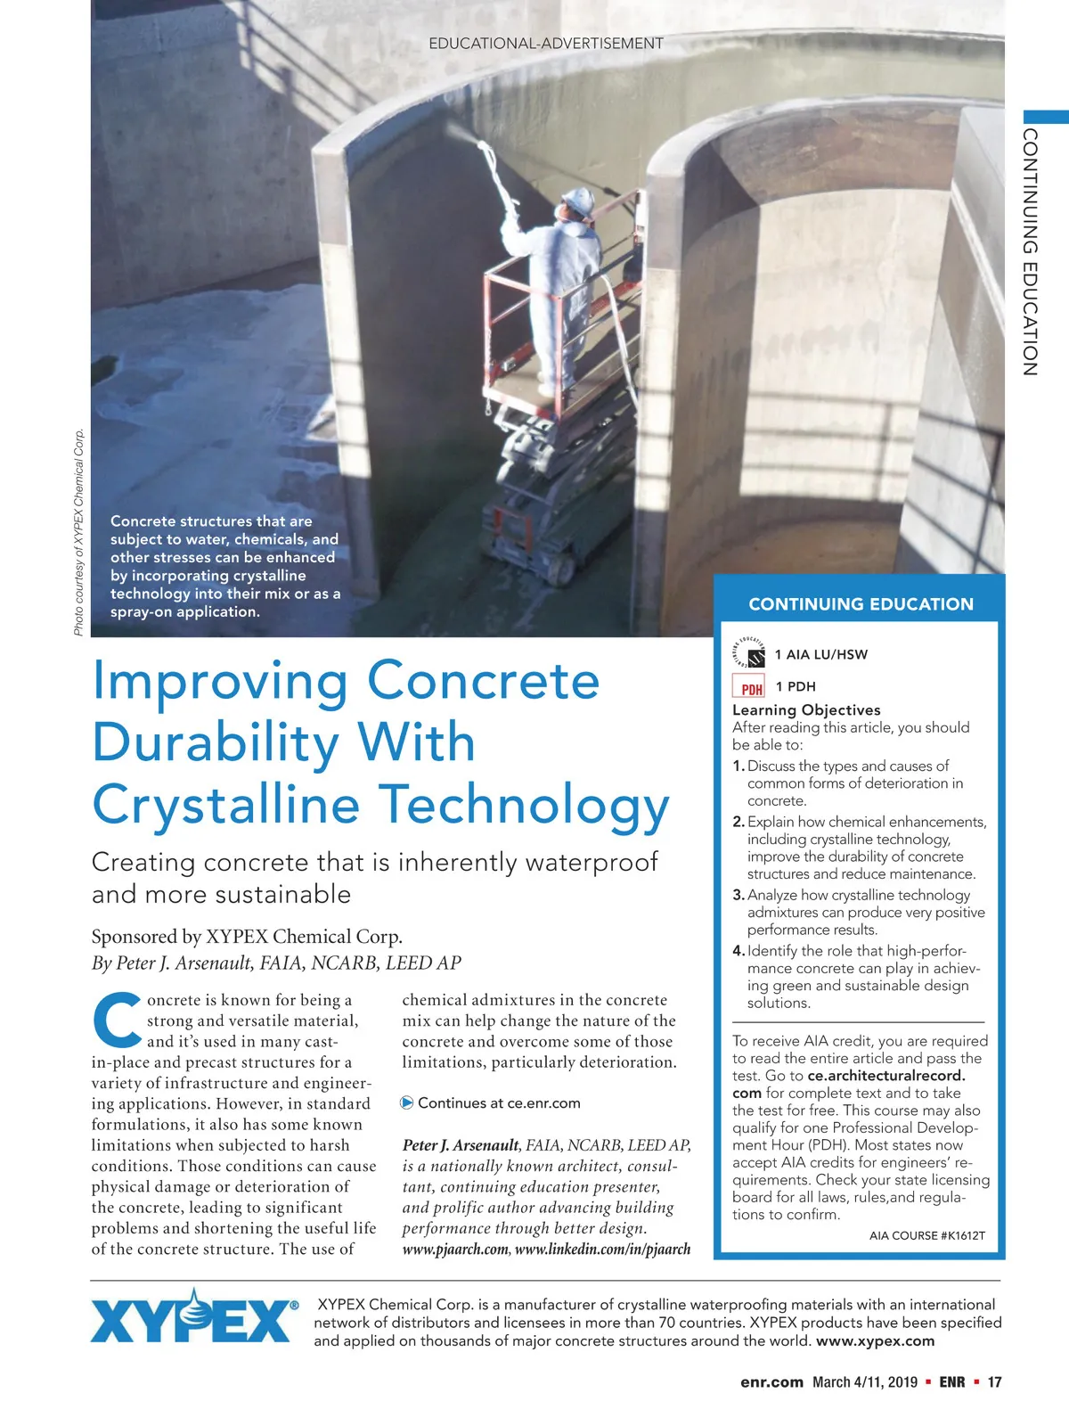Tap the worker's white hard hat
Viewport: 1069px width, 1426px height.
coord(580,201)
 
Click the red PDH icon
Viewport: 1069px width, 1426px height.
coord(749,686)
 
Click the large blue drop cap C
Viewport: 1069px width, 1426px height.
coord(117,1020)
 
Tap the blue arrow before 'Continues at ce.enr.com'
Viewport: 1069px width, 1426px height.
coord(407,1103)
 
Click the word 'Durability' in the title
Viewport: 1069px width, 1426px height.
coord(283,742)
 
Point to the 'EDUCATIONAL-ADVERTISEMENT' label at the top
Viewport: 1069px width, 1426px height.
coord(546,44)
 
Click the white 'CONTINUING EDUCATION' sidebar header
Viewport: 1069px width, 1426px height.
coord(861,604)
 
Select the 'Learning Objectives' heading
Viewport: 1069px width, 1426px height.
coord(806,710)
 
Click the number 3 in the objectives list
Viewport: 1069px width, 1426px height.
coord(738,895)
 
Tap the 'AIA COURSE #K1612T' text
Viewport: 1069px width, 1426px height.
coord(926,1235)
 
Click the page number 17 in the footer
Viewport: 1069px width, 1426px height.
coord(994,1382)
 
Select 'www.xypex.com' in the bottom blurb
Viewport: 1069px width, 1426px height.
coord(875,1341)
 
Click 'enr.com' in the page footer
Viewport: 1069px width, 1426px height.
coord(771,1382)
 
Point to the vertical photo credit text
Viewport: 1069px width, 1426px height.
coord(79,533)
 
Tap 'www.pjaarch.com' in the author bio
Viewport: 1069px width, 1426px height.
coord(455,1250)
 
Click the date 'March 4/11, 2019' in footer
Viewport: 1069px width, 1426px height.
coord(864,1382)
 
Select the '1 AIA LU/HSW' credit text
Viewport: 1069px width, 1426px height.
coord(820,655)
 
